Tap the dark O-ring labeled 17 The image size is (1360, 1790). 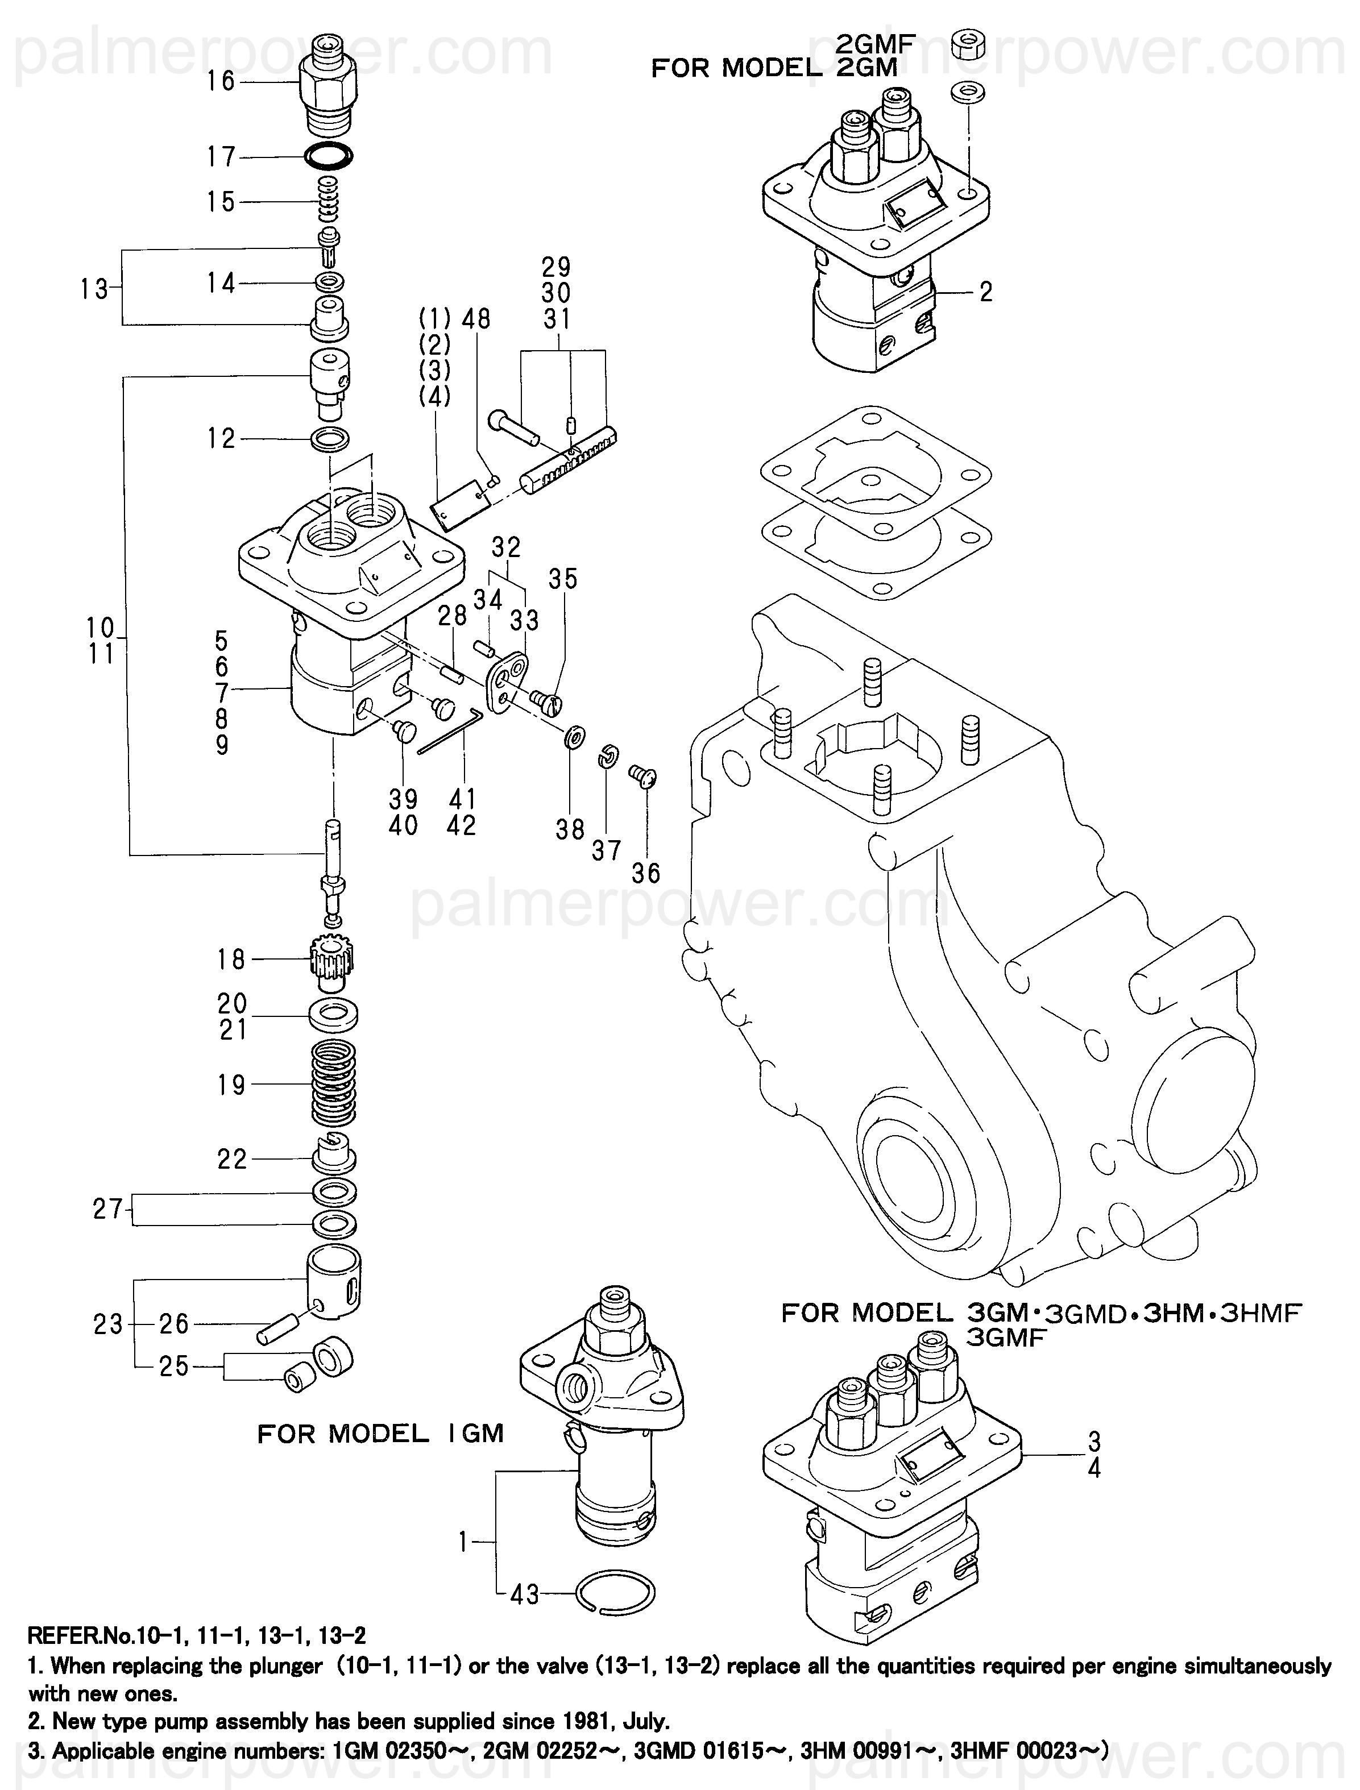pos(329,155)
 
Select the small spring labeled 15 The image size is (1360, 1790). pos(329,201)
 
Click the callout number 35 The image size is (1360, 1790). pos(563,579)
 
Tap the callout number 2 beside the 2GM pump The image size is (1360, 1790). pos(985,292)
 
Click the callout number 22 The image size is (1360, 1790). pos(231,1159)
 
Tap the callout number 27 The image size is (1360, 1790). pos(107,1209)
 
